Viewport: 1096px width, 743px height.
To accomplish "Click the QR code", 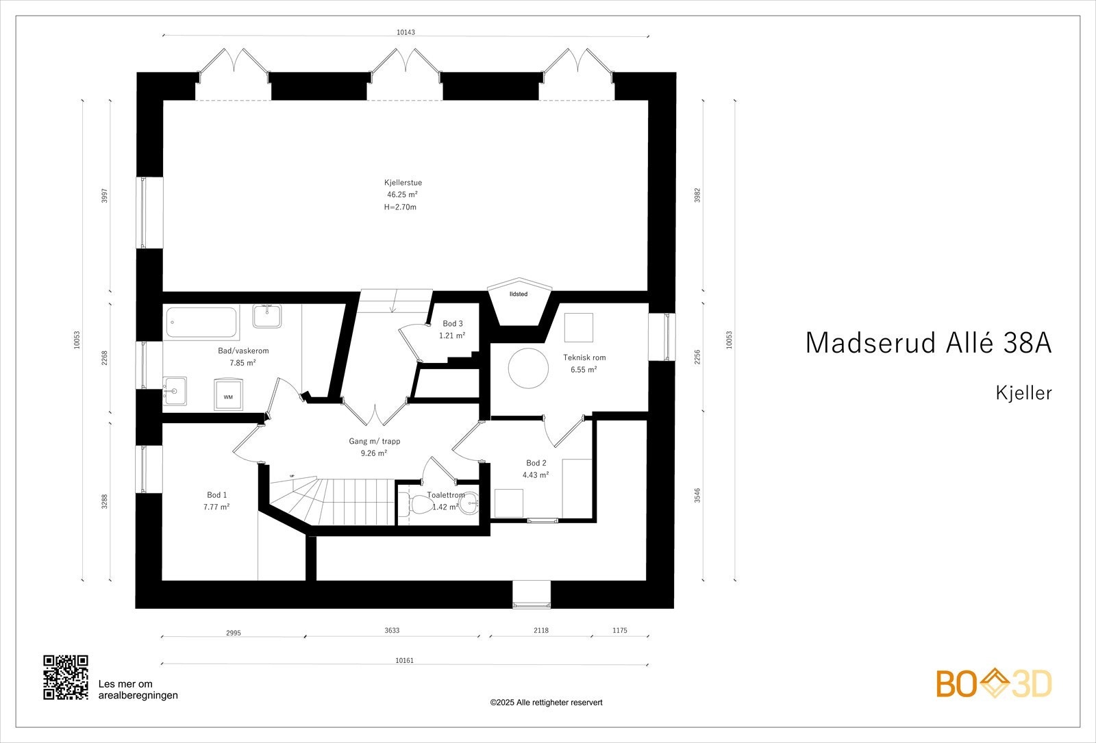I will pos(66,677).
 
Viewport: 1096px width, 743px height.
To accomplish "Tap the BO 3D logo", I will pos(994,684).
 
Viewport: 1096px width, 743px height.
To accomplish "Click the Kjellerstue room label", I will pos(403,183).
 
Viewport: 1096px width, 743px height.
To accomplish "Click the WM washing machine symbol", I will pos(228,396).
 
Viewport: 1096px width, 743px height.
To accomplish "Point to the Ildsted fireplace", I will pos(519,302).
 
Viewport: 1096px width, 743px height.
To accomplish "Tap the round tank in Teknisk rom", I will pos(528,368).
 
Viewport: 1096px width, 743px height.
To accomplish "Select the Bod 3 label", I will pos(452,324).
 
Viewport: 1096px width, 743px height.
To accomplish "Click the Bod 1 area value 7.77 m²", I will pos(216,507).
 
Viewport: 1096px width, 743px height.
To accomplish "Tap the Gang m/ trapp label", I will pos(374,442).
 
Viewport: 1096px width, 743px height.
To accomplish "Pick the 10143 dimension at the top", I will pos(406,32).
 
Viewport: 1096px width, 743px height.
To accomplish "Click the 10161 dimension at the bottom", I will pos(405,661).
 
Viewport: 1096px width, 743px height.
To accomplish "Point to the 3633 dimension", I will pos(392,631).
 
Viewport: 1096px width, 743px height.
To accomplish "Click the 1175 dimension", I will pos(619,631).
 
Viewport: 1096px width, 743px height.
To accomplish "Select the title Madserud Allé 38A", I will pos(928,342).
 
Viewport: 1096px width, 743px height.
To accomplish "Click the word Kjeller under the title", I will pos(1023,393).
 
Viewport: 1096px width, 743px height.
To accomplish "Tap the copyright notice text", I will pos(546,703).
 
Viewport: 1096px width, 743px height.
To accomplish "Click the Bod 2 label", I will pos(536,463).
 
